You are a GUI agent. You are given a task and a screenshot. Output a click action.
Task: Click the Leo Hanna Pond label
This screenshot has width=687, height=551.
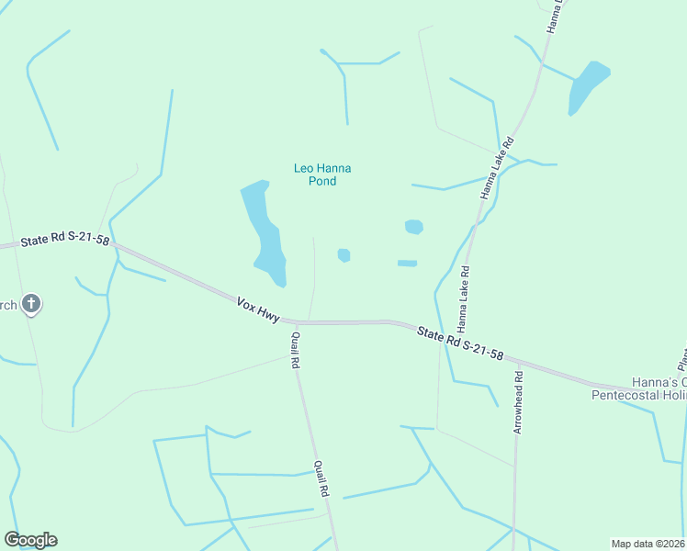point(322,174)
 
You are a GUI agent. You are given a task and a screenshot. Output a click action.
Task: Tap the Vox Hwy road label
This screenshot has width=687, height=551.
point(257,309)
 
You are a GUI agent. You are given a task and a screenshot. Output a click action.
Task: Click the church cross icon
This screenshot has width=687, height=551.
point(30,303)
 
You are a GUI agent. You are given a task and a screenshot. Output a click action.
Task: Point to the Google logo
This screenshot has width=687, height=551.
point(30,540)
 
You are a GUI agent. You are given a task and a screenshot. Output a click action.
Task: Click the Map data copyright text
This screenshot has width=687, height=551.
point(648,544)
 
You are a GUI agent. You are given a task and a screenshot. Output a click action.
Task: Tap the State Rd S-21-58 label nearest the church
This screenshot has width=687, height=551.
point(64,240)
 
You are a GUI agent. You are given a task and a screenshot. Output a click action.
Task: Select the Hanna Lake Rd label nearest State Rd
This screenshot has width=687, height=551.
point(464,298)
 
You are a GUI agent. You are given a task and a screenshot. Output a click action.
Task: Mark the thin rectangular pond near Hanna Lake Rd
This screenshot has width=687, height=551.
point(407,264)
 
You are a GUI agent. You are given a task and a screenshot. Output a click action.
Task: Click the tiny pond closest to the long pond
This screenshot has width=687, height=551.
point(343,254)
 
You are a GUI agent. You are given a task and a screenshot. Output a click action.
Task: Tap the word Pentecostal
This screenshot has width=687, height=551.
point(632,395)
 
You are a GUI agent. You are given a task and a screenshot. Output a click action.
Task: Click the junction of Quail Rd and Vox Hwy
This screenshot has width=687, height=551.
point(296,323)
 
